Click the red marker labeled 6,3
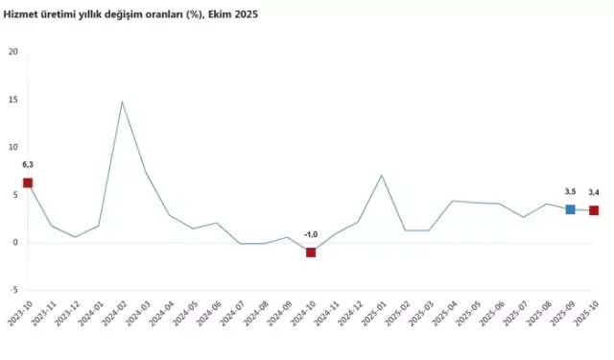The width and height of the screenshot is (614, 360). pyautogui.click(x=28, y=182)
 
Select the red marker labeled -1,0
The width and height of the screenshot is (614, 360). pyautogui.click(x=311, y=252)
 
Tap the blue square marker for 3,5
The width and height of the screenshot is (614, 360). pyautogui.click(x=570, y=209)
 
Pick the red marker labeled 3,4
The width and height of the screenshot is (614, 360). pyautogui.click(x=594, y=210)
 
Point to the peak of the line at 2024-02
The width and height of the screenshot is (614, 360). pyautogui.click(x=122, y=102)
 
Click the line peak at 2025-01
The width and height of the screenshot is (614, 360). pyautogui.click(x=382, y=175)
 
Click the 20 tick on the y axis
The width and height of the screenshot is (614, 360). pyautogui.click(x=12, y=52)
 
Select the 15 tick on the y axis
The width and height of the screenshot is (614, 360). pyautogui.click(x=12, y=100)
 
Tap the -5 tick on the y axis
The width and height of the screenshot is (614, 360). pyautogui.click(x=12, y=290)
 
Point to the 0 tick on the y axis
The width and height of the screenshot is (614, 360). pyautogui.click(x=13, y=243)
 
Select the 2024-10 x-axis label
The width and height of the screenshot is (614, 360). pyautogui.click(x=302, y=314)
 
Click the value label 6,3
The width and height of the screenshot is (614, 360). pyautogui.click(x=28, y=165)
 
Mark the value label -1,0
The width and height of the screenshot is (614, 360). pyautogui.click(x=311, y=234)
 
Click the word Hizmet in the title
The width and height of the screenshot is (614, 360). pyautogui.click(x=24, y=15)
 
